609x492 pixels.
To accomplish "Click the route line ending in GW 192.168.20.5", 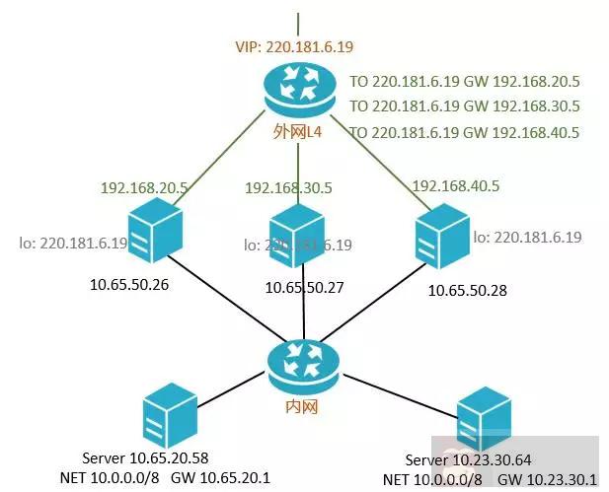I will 464,83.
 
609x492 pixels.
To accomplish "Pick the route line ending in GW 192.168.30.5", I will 464,106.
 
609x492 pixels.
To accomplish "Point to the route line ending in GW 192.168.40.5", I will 464,132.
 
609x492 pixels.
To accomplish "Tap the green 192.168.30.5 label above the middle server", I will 288,186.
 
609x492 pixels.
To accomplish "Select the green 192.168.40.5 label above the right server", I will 454,185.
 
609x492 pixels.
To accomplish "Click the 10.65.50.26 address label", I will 130,285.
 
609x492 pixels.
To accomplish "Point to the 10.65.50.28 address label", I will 468,291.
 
